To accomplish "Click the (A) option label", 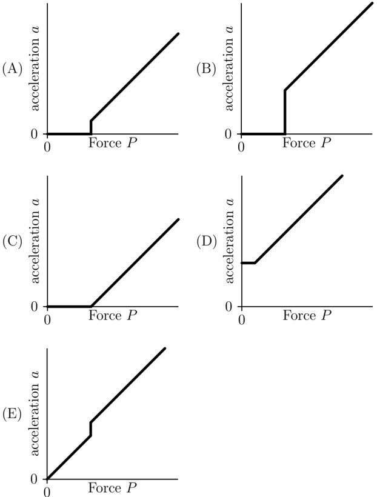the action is click(12, 70).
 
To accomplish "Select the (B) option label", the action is click(207, 70).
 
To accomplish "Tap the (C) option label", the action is click(12, 242).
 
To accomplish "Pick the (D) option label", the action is click(207, 242).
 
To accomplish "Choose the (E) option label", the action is click(12, 415).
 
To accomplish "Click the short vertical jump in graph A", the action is click(91, 127).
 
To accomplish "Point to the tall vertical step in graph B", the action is click(285, 112).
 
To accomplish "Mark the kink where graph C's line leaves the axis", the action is click(91, 306).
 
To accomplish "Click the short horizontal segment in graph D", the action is click(249, 263).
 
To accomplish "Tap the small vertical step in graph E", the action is click(91, 429).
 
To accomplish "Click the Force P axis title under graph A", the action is click(113, 143).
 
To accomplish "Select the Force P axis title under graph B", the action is click(307, 143).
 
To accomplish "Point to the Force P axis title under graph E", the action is click(113, 488).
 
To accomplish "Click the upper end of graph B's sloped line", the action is click(373, 3).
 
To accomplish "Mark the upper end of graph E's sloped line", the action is click(165, 349).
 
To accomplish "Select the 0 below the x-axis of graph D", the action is click(242, 320).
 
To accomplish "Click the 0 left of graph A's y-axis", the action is click(34, 134).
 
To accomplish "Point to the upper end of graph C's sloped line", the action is click(179, 219).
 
